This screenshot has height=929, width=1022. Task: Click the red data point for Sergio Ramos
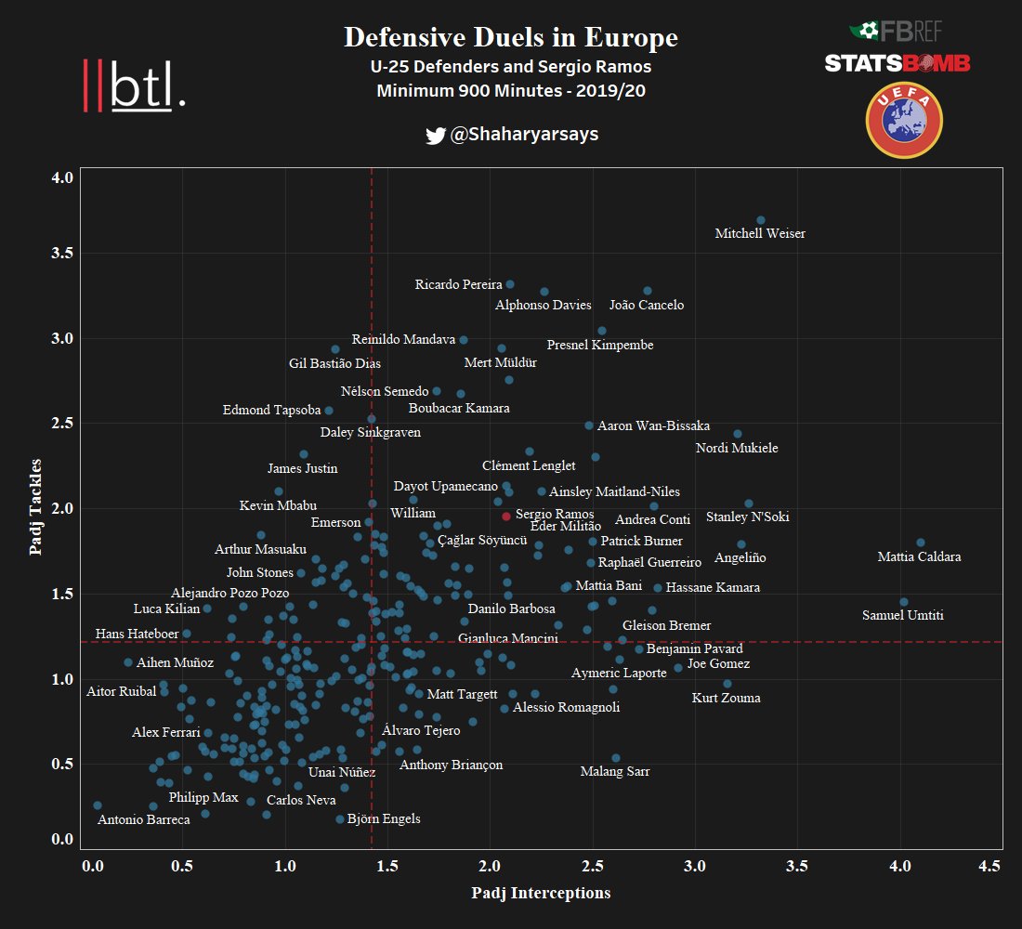point(505,516)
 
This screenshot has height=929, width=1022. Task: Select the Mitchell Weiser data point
point(760,220)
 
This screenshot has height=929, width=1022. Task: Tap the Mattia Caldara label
point(919,557)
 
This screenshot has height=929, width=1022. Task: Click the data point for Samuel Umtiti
point(903,602)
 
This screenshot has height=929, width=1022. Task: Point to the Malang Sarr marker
point(615,758)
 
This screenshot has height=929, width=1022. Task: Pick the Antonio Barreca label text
point(143,819)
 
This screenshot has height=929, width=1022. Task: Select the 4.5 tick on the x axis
point(989,866)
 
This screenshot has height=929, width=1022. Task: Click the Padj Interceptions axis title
point(541,893)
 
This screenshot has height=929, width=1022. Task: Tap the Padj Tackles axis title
point(36,506)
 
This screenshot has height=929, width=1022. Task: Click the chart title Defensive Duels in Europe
point(510,38)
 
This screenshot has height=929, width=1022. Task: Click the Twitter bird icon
point(435,136)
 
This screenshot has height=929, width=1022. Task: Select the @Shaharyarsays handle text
point(524,135)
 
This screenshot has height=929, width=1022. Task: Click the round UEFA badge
point(903,121)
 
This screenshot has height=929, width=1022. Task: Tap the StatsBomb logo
point(897,63)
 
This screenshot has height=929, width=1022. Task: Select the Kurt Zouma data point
point(727,684)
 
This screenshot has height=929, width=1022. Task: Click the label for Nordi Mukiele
point(737,449)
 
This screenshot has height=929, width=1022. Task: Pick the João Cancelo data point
point(648,291)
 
